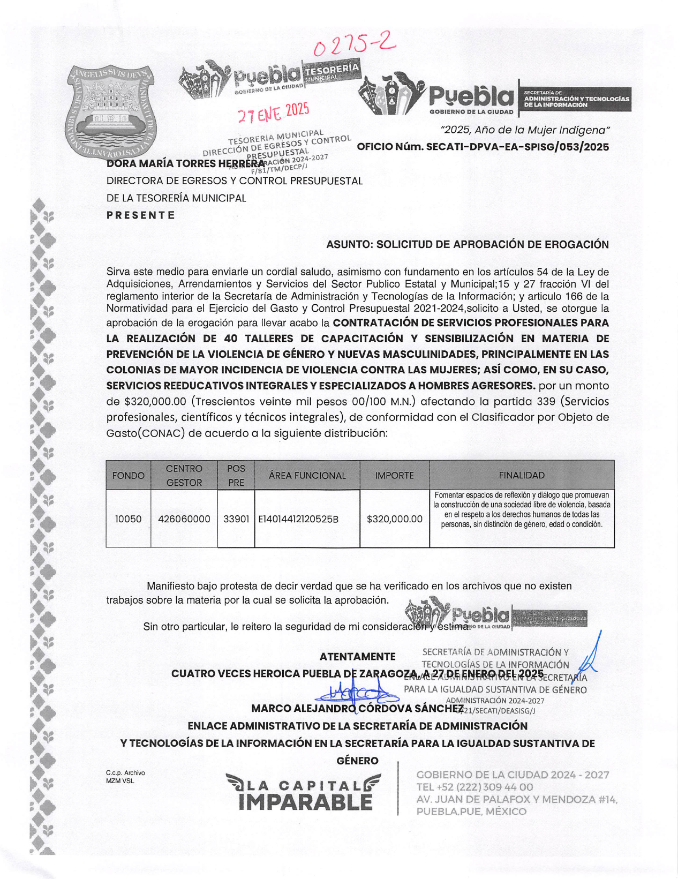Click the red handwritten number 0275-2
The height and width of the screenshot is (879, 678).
click(x=354, y=44)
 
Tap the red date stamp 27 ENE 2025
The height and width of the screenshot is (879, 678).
click(x=274, y=112)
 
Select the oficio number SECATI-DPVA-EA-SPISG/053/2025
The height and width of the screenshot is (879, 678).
click(x=483, y=147)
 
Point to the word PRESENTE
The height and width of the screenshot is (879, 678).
click(x=141, y=215)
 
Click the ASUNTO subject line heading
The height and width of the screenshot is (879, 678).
click(x=467, y=245)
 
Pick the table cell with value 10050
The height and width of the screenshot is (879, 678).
click(x=129, y=519)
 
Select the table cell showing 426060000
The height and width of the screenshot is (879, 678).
click(x=184, y=519)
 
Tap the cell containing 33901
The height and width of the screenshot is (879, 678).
click(x=236, y=519)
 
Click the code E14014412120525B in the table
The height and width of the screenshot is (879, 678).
click(x=298, y=519)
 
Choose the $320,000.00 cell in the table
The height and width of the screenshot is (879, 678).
click(x=395, y=519)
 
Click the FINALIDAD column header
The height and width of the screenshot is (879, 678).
click(x=522, y=475)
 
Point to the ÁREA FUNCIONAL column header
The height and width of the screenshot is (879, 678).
click(x=307, y=475)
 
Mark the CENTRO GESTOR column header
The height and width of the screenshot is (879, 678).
click(x=184, y=475)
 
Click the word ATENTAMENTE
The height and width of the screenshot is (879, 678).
click(x=357, y=657)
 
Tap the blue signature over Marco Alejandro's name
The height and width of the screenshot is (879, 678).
click(x=356, y=693)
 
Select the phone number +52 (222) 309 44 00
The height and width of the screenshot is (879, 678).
click(x=474, y=787)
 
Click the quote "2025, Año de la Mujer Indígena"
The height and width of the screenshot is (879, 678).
click(x=525, y=130)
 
